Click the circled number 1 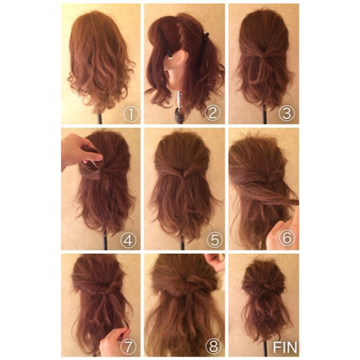point(131,114)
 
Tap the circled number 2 point(213,113)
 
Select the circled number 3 point(286,113)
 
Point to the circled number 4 point(128,241)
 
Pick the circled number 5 point(215,240)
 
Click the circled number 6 point(287,238)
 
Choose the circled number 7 point(128,347)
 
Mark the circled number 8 point(213,346)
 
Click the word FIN point(285,347)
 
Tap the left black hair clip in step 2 point(165,43)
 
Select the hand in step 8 point(216,262)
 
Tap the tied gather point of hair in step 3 point(264,56)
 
